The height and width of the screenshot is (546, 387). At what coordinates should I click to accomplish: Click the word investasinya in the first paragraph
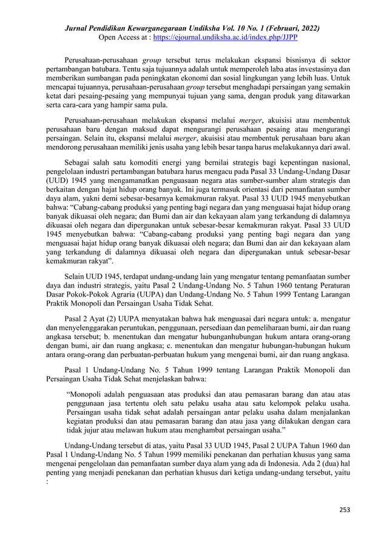point(328,70)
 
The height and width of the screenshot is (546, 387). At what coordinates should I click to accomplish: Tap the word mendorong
point(65,145)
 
